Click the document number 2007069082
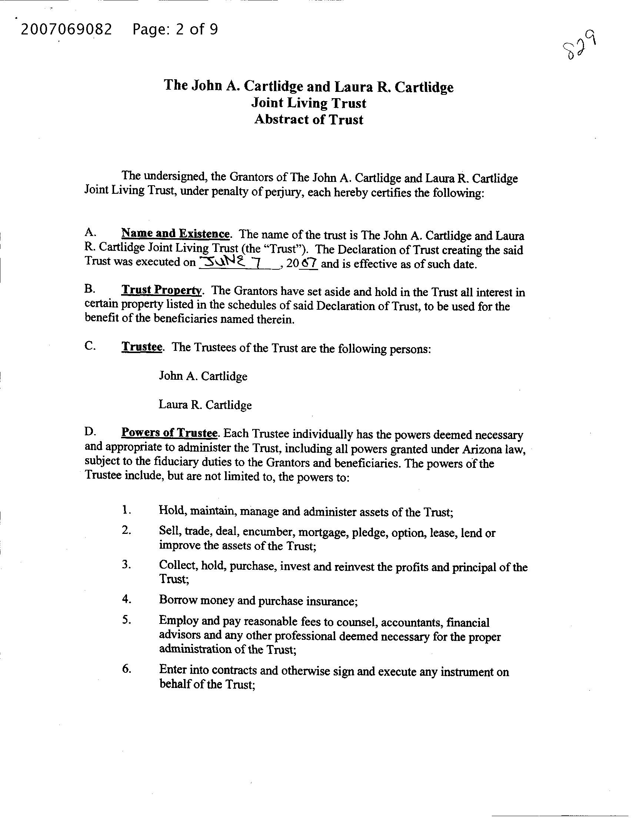point(66,29)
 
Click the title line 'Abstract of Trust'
point(308,120)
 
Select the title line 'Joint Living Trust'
point(308,103)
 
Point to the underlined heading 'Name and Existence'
point(175,234)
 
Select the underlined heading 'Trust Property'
point(162,290)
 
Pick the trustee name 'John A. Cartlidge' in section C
point(203,376)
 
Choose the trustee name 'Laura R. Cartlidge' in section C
point(205,405)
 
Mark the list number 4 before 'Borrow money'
point(126,599)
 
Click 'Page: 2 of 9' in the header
point(175,29)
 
